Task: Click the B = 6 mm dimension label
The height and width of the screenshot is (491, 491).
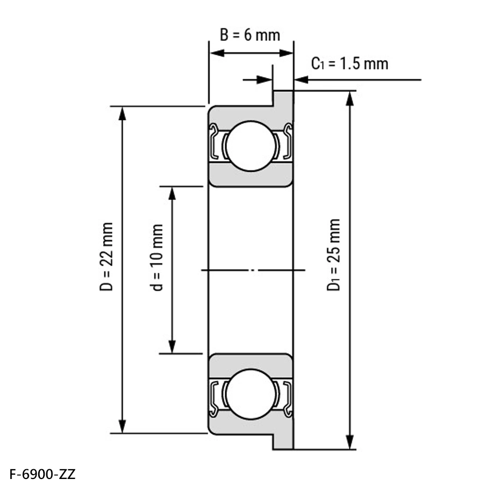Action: coord(250,35)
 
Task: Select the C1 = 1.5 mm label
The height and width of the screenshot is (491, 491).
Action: coord(350,64)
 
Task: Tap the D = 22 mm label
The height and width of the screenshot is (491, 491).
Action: coord(106,256)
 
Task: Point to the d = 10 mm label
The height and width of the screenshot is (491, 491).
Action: coord(158,258)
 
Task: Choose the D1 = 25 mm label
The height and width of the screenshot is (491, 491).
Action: coord(333,255)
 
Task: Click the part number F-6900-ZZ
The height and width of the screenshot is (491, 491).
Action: coord(42,475)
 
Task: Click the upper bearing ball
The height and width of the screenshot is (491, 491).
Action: coord(251,146)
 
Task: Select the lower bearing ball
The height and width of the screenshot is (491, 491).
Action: coord(251,394)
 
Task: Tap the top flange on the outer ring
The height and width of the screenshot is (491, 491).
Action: coord(283,98)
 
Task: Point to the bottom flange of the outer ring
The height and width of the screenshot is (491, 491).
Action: coord(283,441)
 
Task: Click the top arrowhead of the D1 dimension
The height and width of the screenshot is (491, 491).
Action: coord(350,98)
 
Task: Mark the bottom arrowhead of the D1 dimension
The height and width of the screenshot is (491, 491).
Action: coord(350,442)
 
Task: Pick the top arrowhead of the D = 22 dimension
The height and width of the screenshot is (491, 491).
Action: coord(122,113)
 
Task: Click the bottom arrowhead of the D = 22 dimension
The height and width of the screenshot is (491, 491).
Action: coord(122,426)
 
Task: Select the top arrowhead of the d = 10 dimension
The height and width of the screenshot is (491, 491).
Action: coord(172,194)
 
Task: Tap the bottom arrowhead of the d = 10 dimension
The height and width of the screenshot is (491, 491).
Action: coord(172,346)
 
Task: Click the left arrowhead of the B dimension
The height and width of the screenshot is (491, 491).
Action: coord(217,53)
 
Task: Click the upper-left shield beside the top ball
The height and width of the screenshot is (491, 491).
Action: coord(214,141)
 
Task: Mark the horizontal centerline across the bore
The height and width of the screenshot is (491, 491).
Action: coord(253,270)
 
